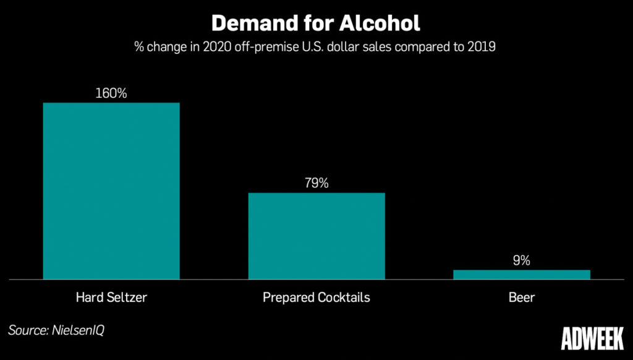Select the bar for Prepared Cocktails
point(316,236)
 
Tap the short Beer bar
point(522,275)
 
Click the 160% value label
point(111,93)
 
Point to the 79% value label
point(316,184)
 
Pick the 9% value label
point(522,260)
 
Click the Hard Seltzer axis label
point(111,298)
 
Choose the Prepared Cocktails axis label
point(316,298)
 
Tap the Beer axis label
point(522,298)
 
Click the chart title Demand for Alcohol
point(316,23)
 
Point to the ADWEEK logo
point(591,338)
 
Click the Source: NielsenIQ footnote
point(56,330)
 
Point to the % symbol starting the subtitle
point(140,47)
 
